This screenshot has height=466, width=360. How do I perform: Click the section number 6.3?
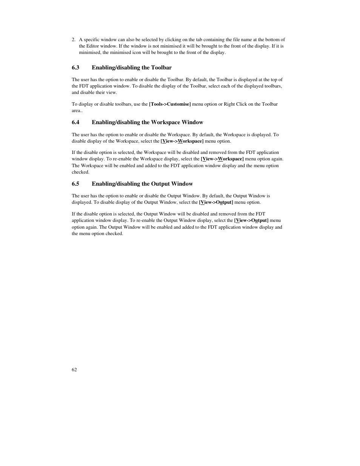75,68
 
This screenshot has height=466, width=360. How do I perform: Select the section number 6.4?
75,122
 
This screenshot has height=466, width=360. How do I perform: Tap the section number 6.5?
75,184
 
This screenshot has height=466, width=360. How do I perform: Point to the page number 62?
74,369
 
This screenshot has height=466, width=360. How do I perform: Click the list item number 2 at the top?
74,40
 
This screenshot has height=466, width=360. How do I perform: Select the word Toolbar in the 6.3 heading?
162,68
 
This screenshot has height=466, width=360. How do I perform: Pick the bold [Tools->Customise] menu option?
170,104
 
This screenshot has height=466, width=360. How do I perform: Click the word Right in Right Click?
229,104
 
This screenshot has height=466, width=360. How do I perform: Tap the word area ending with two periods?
77,111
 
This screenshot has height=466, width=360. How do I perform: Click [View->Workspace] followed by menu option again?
222,159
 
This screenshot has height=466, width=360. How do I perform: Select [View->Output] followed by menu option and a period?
216,202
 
